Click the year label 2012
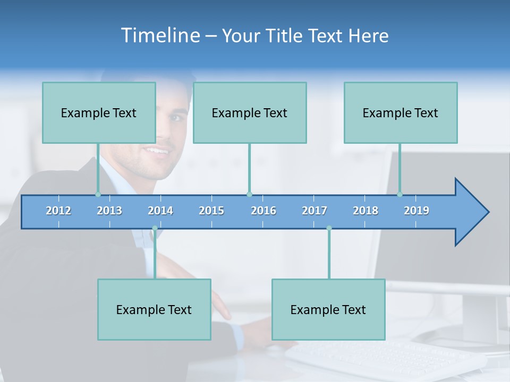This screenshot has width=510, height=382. tap(58, 211)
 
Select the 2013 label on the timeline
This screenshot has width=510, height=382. tap(109, 211)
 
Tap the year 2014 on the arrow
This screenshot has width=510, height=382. tap(160, 211)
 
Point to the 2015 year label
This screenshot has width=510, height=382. tap(211, 211)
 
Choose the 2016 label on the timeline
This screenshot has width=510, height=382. tap(263, 211)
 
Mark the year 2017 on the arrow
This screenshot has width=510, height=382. tap(314, 211)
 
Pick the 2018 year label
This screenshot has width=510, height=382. tap(365, 211)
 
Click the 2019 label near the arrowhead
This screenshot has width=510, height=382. tap(416, 211)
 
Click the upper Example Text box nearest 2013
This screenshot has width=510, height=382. tap(99, 112)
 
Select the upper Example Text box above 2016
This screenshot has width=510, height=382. tap(250, 112)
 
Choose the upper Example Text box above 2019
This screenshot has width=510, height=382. tap(401, 112)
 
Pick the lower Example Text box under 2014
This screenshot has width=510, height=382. tap(154, 309)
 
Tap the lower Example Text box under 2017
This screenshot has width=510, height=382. tap(328, 309)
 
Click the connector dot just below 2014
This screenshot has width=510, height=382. tap(155, 228)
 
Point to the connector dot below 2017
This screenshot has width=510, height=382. tap(329, 228)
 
